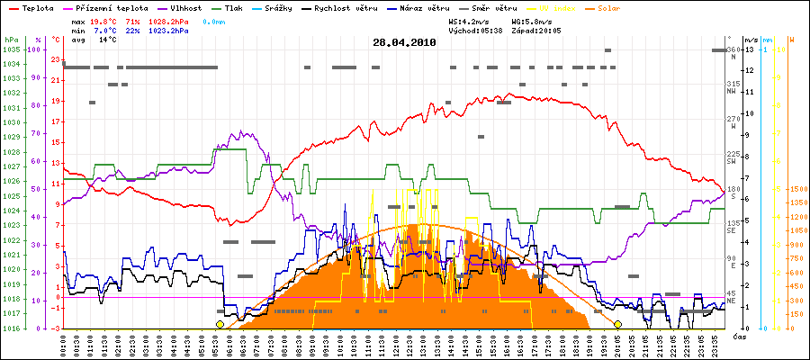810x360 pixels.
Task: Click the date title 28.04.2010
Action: pyautogui.click(x=405, y=42)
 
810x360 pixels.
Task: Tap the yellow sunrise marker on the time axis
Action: pyautogui.click(x=220, y=324)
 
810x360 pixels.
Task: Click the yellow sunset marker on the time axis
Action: pyautogui.click(x=617, y=324)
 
